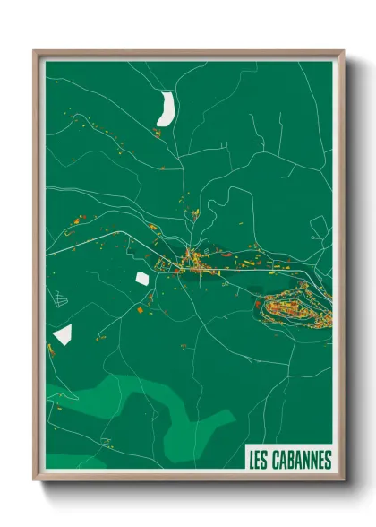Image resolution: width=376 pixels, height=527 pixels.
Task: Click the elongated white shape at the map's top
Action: coord(166,108)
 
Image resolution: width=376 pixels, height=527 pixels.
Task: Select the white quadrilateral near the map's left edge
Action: coord(63,335)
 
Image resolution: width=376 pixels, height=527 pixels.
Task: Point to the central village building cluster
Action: coord(190,263)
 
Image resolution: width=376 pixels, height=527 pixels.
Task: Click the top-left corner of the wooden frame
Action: coord(35,51)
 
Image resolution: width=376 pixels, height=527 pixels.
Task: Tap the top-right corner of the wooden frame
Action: coord(343,51)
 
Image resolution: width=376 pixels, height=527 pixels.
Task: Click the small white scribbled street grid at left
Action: coord(59,298)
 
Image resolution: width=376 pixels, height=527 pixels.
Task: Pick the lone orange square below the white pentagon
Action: coord(141,310)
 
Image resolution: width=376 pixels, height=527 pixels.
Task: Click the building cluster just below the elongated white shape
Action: coord(158,134)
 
